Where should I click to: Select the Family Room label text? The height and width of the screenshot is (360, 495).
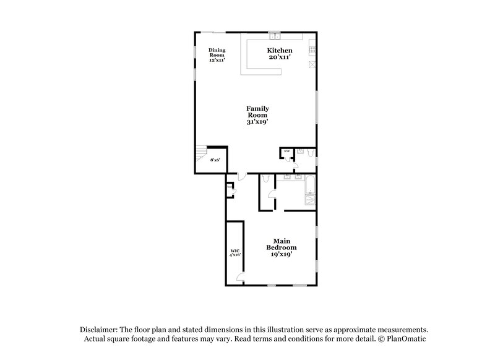coord(257,111)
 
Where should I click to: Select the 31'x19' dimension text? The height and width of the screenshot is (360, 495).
coord(257,122)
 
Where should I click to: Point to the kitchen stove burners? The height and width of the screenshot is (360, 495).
coord(313,49)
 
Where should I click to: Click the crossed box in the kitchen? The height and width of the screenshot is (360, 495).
coord(313,64)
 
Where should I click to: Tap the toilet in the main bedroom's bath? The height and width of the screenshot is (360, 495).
coord(264,180)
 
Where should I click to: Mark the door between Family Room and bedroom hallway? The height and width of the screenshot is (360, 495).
coord(244,175)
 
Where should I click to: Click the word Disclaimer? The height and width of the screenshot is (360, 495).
coord(97,330)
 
